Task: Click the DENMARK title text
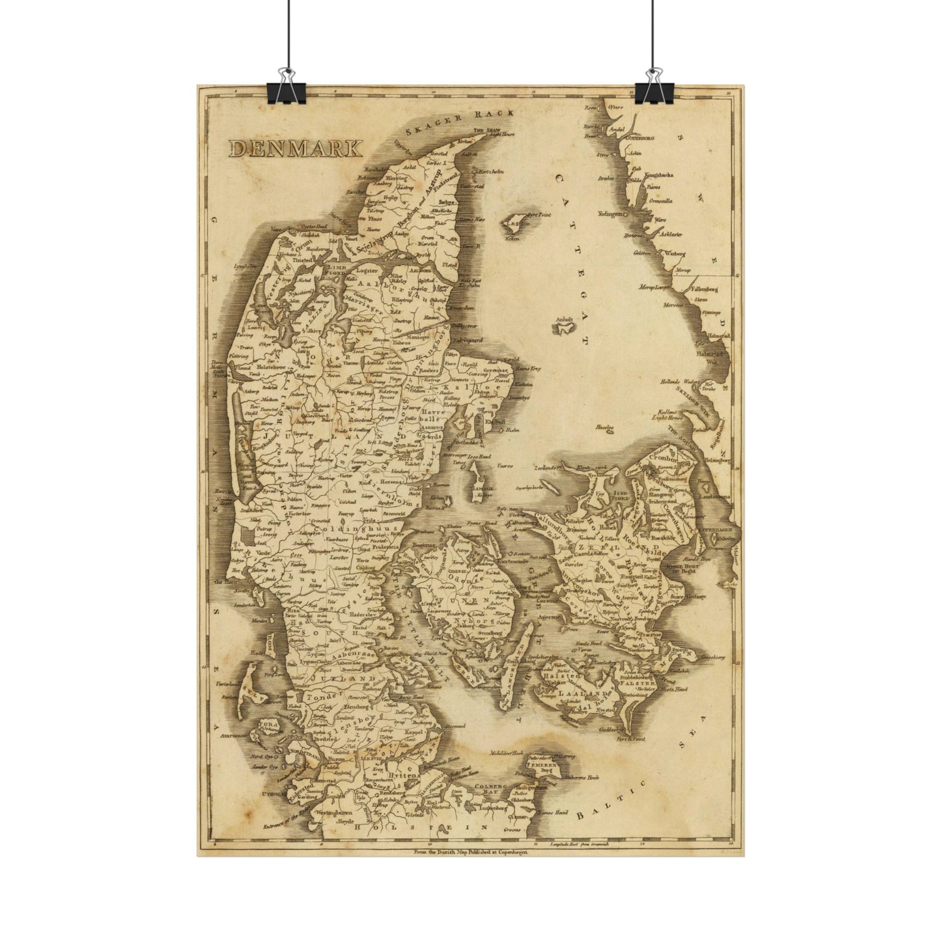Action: pyautogui.click(x=296, y=148)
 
